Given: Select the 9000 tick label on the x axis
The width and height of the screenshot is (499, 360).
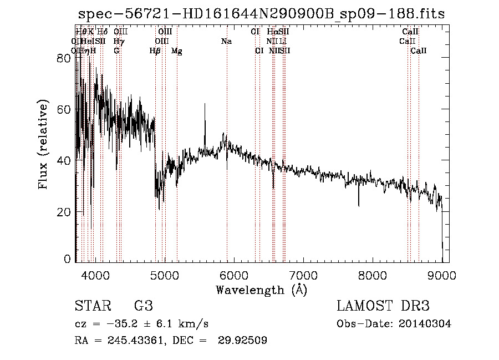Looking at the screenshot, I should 442,275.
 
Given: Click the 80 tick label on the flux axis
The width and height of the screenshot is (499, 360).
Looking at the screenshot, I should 64,58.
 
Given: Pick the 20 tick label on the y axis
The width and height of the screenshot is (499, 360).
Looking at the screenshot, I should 64,212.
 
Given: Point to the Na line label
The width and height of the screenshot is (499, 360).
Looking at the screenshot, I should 226,42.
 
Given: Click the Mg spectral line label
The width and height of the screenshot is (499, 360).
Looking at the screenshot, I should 176,51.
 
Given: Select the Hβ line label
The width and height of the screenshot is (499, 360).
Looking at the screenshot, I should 155,51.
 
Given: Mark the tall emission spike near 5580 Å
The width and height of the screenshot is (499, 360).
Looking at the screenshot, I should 205,105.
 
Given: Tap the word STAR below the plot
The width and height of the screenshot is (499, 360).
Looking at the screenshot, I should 91,306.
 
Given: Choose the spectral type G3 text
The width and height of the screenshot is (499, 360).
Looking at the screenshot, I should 143,306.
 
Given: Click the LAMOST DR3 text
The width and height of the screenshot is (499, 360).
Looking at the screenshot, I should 383,306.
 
